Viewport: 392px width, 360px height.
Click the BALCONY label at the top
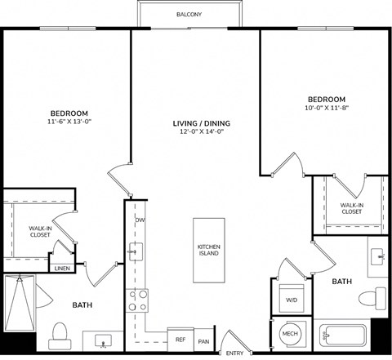189,15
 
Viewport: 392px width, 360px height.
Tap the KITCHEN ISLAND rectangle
208,251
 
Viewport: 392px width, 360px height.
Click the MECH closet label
290,334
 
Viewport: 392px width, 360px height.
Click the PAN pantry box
203,340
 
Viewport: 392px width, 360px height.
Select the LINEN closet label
62,268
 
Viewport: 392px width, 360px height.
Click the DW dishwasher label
140,220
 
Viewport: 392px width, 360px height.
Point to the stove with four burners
137,300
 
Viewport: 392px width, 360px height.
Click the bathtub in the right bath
343,334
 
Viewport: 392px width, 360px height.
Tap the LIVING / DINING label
202,124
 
